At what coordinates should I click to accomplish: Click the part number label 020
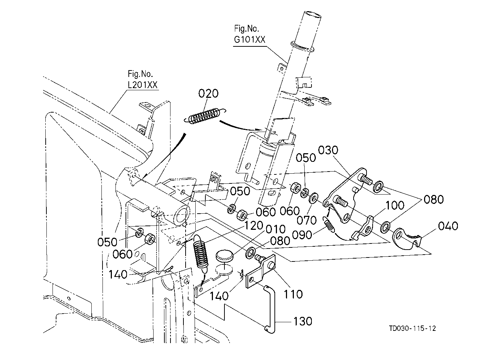click(208, 94)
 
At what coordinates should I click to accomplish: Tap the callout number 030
click(328, 150)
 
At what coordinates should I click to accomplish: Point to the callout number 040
click(448, 226)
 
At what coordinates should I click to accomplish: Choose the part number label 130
click(303, 321)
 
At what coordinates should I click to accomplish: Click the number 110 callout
click(293, 294)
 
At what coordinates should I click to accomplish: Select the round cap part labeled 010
click(224, 256)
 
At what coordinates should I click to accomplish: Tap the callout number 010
click(276, 229)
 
